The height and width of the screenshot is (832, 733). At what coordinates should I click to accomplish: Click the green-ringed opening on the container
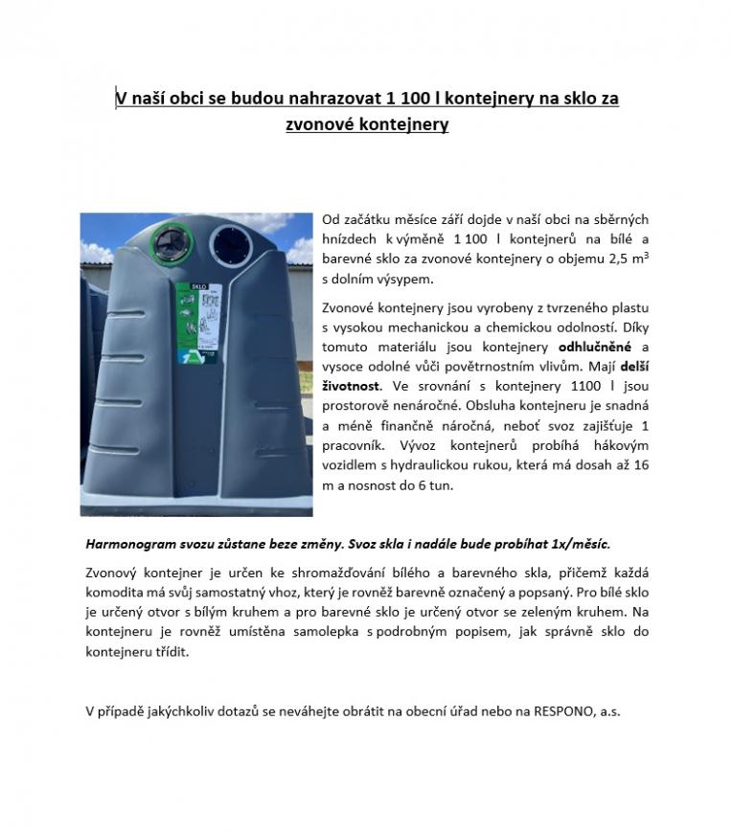[x=173, y=236]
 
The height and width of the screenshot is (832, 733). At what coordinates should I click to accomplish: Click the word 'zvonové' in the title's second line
[x=321, y=124]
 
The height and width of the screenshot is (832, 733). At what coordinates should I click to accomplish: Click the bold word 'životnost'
[x=351, y=385]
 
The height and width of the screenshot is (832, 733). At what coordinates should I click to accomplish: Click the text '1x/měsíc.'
[x=577, y=544]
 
